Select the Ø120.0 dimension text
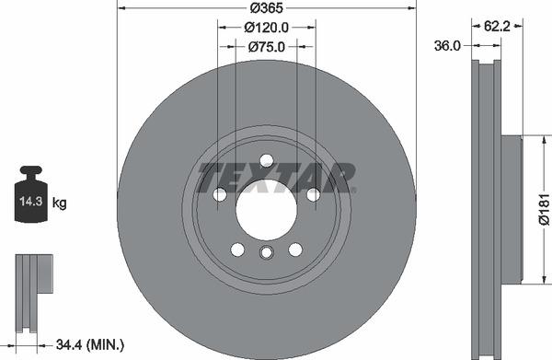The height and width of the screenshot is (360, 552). pyautogui.click(x=266, y=28)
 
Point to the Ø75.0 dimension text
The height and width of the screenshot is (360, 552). pyautogui.click(x=266, y=46)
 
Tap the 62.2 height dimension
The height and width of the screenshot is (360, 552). pyautogui.click(x=498, y=27)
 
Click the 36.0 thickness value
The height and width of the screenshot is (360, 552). pyautogui.click(x=448, y=45)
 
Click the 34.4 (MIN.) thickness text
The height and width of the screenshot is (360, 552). pyautogui.click(x=90, y=344)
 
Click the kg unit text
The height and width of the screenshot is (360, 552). pyautogui.click(x=58, y=202)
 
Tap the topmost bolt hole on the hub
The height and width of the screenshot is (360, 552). pyautogui.click(x=266, y=160)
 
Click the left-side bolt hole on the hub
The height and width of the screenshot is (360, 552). pyautogui.click(x=220, y=194)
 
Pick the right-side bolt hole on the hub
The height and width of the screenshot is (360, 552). pyautogui.click(x=313, y=194)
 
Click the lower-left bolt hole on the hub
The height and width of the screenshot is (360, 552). pyautogui.click(x=237, y=250)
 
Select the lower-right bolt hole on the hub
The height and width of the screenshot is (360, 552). pyautogui.click(x=295, y=250)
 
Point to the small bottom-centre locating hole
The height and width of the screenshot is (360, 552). pyautogui.click(x=266, y=253)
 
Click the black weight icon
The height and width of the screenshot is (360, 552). pyautogui.click(x=30, y=194)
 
